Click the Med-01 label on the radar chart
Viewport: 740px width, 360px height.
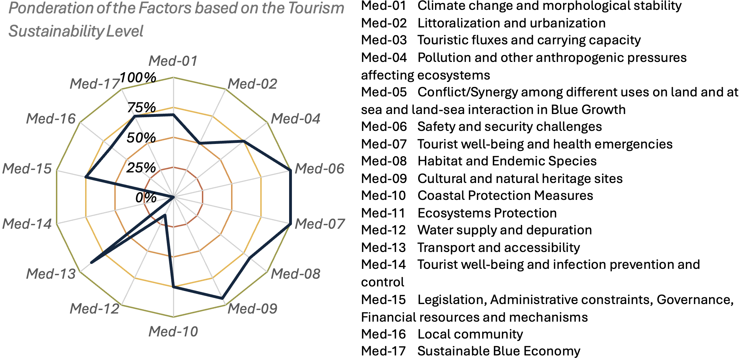(173, 61)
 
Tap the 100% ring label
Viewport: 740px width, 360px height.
(138, 77)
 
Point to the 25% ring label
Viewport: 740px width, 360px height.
(141, 168)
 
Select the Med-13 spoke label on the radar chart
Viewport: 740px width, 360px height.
(51, 274)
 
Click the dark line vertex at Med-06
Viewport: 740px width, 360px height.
(290, 171)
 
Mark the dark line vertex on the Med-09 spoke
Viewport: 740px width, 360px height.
(222, 298)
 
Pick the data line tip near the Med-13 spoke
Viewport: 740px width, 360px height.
(91, 263)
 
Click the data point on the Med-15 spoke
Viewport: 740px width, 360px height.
(86, 178)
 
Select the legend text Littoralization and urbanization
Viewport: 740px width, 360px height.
(511, 23)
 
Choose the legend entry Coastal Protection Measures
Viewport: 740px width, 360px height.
(505, 196)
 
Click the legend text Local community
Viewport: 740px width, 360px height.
(470, 334)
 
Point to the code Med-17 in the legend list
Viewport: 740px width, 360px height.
(384, 351)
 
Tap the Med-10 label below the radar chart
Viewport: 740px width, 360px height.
(173, 331)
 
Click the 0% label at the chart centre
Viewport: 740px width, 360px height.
(146, 198)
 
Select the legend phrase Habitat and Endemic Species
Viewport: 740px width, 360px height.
(507, 161)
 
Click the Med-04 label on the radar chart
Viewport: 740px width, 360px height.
(295, 119)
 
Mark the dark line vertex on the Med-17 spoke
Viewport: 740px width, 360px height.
(134, 116)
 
